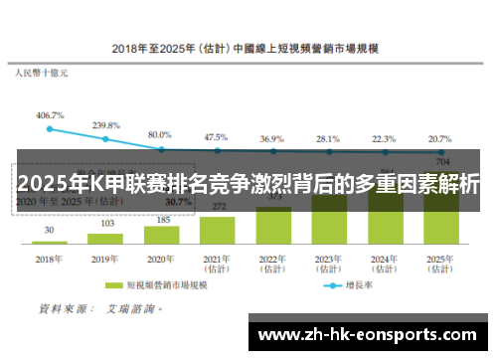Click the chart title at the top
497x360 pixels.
pyautogui.click(x=249, y=48)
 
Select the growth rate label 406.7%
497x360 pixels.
pyautogui.click(x=50, y=115)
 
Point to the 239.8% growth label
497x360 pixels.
pyautogui.click(x=106, y=125)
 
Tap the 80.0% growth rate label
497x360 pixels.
pyautogui.click(x=160, y=134)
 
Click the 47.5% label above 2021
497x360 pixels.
pyautogui.click(x=216, y=137)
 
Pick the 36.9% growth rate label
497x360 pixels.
pyautogui.click(x=271, y=138)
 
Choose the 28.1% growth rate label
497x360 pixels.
pyautogui.click(x=326, y=139)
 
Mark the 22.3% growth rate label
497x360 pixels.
pyautogui.click(x=383, y=139)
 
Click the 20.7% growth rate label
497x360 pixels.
pyautogui.click(x=438, y=139)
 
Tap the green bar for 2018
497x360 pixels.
pyautogui.click(x=50, y=242)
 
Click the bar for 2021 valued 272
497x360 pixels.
pyautogui.click(x=217, y=230)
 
